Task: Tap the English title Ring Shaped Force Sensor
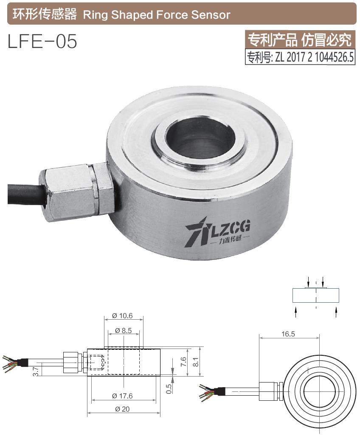pyautogui.click(x=157, y=15)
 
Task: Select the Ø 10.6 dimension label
pyautogui.click(x=123, y=316)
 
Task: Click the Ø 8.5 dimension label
pyautogui.click(x=123, y=330)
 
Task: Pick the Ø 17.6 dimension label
pyautogui.click(x=123, y=396)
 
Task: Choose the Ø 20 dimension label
pyautogui.click(x=123, y=409)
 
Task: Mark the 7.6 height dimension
pyautogui.click(x=183, y=362)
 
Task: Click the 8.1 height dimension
pyautogui.click(x=196, y=362)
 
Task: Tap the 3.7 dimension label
pyautogui.click(x=36, y=371)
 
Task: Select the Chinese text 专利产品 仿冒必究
pyautogui.click(x=300, y=40)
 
